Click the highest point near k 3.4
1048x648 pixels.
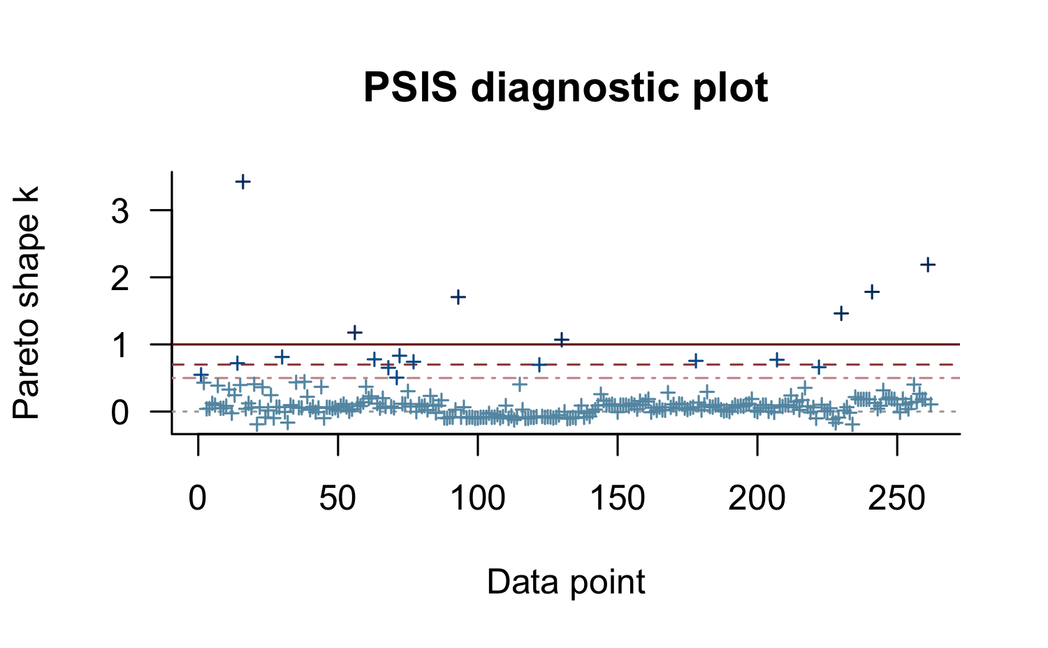point(242,182)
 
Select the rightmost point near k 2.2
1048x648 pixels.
point(928,264)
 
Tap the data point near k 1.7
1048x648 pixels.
point(458,296)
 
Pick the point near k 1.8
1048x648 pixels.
point(872,291)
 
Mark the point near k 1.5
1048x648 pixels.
point(841,312)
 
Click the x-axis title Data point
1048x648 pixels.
point(566,582)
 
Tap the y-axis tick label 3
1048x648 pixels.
point(120,210)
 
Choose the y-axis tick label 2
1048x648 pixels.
point(120,278)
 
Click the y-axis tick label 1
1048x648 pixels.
point(120,345)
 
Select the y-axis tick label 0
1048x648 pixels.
point(120,412)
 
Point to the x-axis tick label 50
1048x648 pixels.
point(338,499)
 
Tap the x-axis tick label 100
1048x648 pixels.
point(478,499)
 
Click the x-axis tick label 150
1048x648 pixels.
point(618,499)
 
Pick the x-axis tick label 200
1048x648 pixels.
point(757,499)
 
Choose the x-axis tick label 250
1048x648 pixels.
point(897,499)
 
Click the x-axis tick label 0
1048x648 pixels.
point(198,499)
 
